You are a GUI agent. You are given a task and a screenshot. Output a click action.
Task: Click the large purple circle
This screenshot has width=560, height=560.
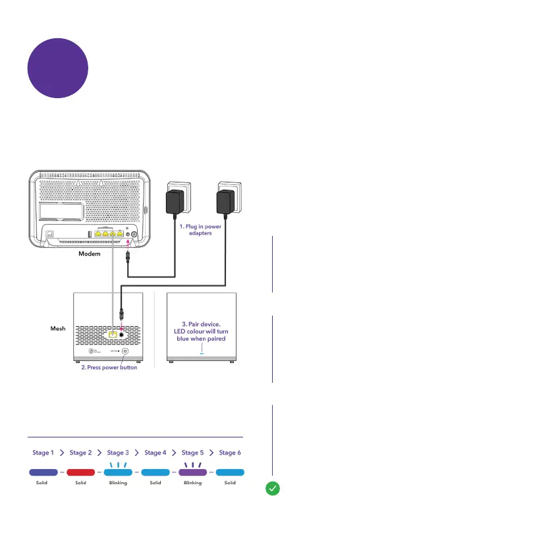58,68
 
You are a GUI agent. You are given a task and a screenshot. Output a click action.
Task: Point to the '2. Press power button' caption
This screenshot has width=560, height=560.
109,367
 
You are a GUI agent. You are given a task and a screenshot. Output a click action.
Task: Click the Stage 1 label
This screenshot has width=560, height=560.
43,453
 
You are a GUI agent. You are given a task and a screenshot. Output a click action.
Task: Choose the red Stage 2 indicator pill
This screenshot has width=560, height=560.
80,472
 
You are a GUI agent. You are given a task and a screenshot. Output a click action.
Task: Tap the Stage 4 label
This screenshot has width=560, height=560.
155,453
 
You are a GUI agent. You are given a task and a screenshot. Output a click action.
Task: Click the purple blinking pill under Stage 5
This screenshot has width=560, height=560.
192,472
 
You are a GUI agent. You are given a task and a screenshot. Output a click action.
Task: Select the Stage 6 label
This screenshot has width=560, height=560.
229,453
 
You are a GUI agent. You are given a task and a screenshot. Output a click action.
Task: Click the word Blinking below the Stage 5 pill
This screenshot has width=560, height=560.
192,483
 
